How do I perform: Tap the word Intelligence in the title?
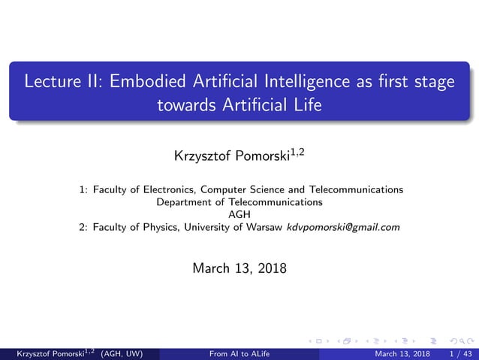click(x=314, y=81)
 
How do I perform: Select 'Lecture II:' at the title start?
click(x=64, y=81)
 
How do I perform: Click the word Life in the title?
click(x=306, y=106)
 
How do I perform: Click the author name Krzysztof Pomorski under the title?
click(x=229, y=158)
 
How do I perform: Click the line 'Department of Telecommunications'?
click(x=239, y=201)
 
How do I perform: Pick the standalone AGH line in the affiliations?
click(x=239, y=214)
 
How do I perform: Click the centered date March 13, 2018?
click(x=239, y=268)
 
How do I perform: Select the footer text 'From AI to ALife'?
click(x=239, y=353)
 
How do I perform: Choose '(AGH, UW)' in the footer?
click(x=119, y=353)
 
